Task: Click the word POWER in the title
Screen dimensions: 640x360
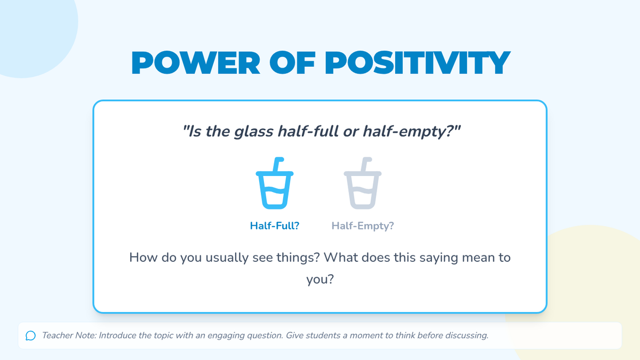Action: [x=196, y=63]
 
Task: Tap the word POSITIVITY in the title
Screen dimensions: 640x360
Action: [x=418, y=63]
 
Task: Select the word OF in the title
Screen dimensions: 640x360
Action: [x=292, y=63]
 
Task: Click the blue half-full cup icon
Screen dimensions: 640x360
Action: [x=275, y=183]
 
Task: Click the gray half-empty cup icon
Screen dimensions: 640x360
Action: [x=363, y=183]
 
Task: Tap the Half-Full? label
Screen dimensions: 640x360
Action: [x=275, y=226]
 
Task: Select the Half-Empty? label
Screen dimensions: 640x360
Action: [x=363, y=226]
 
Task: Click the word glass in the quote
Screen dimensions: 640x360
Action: [x=253, y=132]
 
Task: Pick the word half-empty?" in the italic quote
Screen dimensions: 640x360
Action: [x=411, y=132]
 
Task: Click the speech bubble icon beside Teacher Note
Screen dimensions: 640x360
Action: [x=30, y=335]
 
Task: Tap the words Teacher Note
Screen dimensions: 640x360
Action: [x=69, y=335]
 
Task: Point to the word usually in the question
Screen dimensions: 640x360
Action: [x=227, y=258]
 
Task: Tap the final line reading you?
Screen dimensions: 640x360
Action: [x=320, y=279]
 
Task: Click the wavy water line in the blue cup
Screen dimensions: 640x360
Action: [x=275, y=190]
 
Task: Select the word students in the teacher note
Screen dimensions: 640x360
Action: [x=323, y=335]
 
